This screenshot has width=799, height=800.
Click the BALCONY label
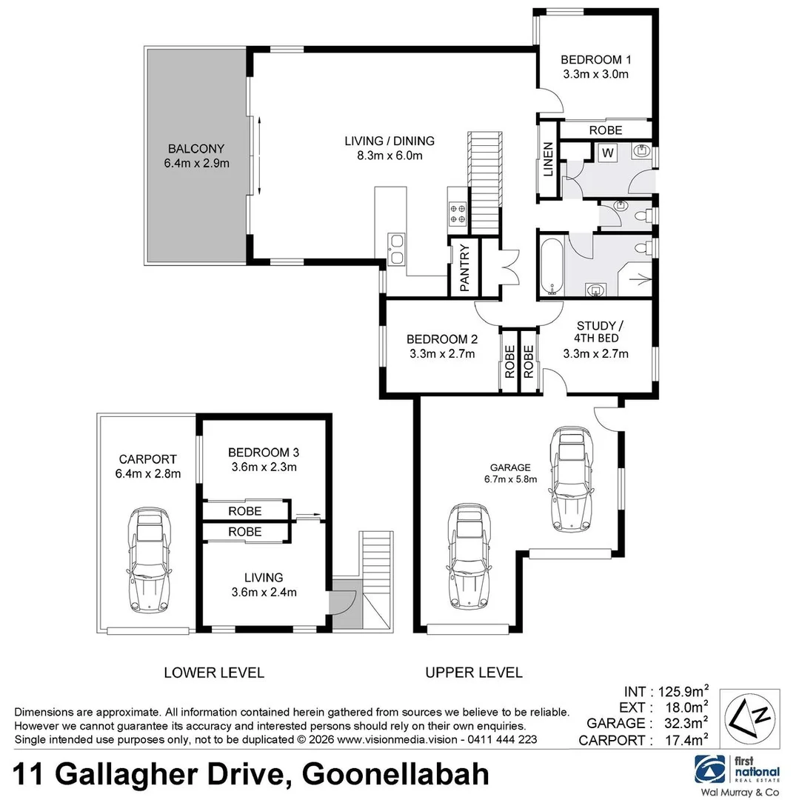(195, 156)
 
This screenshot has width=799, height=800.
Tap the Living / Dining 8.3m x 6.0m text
(390, 148)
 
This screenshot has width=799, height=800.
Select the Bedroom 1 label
(595, 67)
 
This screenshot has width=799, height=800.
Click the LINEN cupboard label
(549, 170)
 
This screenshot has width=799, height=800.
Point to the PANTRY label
(465, 267)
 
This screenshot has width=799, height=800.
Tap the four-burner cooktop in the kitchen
(457, 214)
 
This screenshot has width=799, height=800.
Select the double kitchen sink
(395, 248)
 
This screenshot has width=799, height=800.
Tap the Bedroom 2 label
(441, 347)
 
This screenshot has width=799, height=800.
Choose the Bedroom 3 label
(263, 459)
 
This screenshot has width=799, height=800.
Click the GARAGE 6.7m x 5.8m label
(510, 473)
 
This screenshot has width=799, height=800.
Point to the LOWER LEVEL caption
(213, 673)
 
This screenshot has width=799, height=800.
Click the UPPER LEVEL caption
(473, 673)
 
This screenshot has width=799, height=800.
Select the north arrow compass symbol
(750, 718)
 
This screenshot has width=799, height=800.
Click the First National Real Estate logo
(737, 773)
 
